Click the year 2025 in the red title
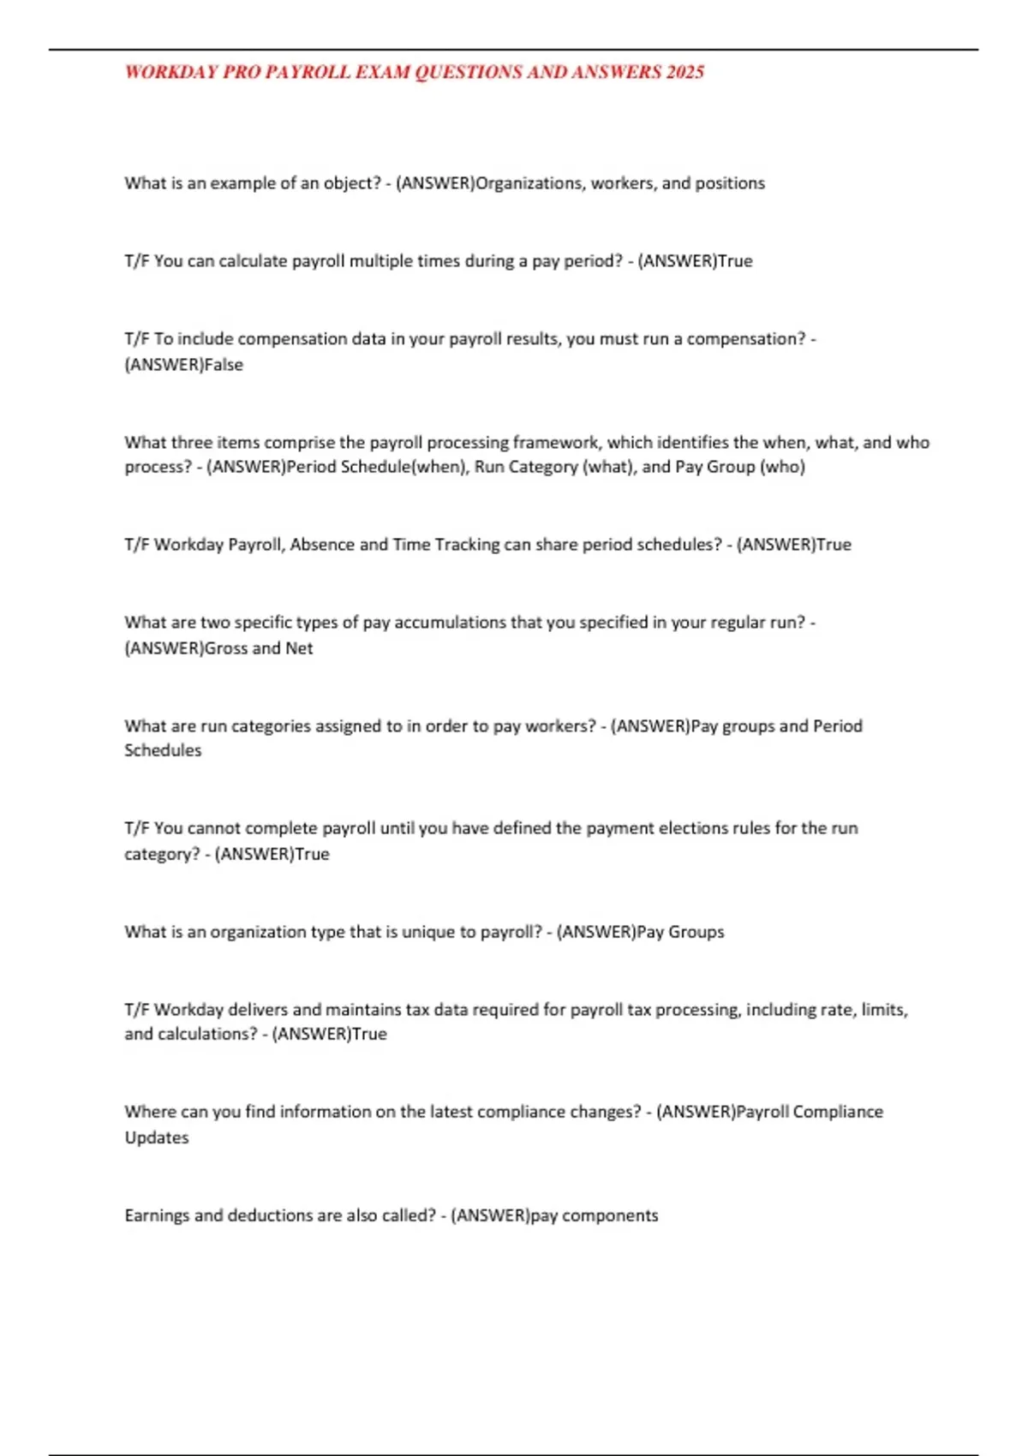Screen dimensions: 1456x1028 pos(684,72)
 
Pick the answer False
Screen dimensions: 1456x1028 pos(224,365)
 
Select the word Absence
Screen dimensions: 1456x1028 pos(322,545)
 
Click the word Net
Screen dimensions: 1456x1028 pos(299,648)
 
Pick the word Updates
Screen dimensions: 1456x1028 pos(157,1138)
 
